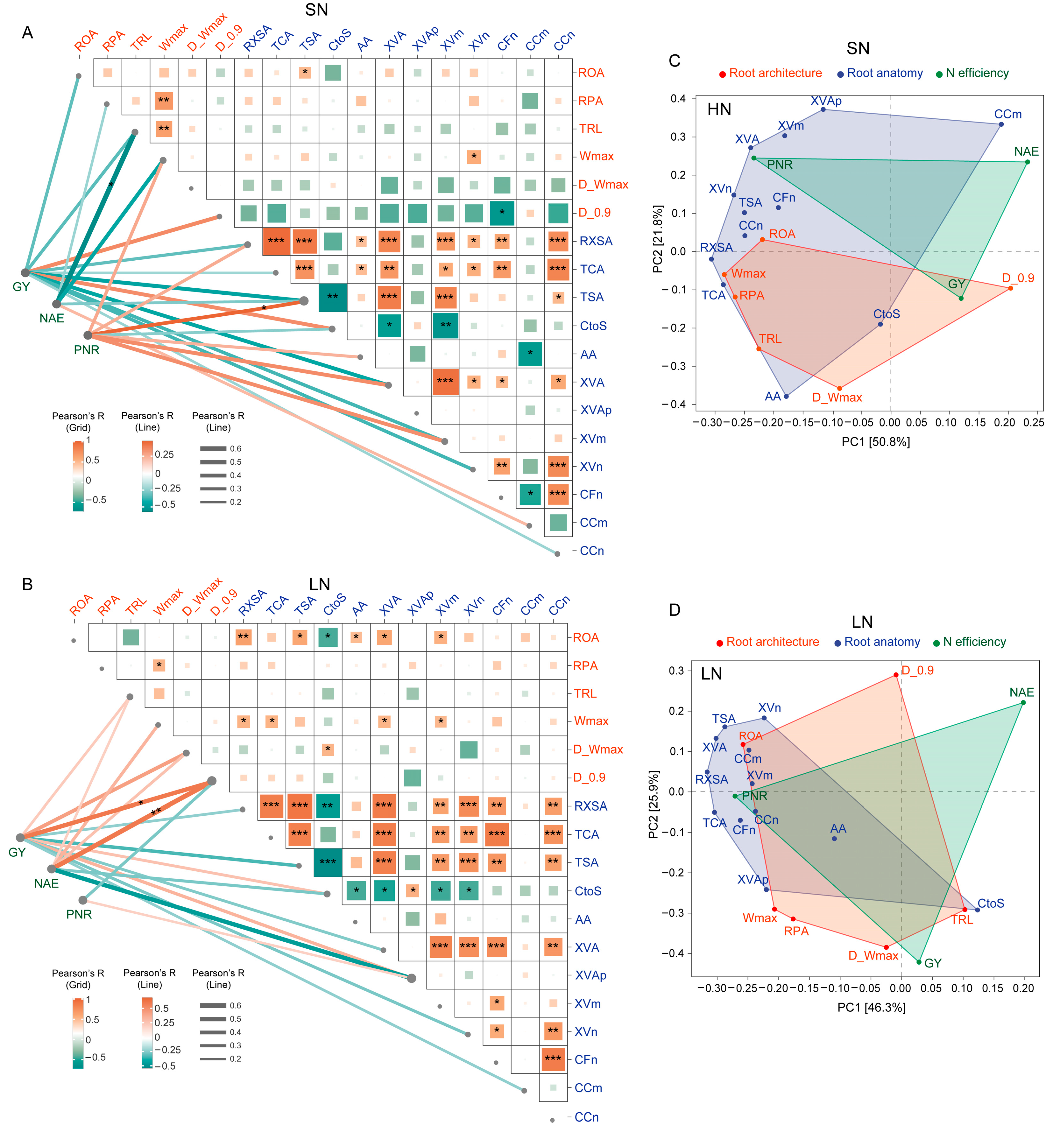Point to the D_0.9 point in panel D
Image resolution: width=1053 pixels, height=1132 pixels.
pos(896,675)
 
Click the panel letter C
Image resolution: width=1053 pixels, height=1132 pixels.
pos(674,61)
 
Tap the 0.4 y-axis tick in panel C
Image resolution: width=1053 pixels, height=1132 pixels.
pos(678,99)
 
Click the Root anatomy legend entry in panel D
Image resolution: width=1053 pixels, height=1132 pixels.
pos(881,642)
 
